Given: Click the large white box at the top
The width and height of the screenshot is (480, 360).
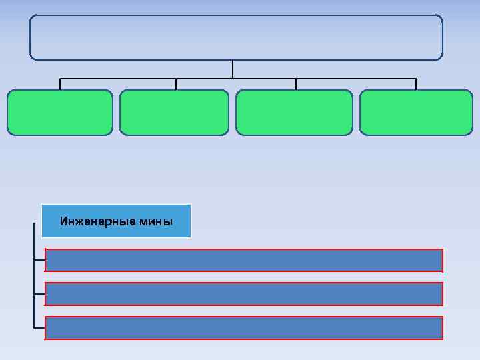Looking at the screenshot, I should coord(236,37).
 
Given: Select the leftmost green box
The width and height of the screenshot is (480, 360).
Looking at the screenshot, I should coord(60,113).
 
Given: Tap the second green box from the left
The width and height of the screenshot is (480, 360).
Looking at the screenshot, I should coord(174,113).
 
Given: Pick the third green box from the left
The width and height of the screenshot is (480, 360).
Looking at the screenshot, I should coord(294,113).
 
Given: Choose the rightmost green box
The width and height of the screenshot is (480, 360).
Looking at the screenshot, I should coord(416,113).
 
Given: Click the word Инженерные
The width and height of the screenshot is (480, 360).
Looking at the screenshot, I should coord(87,221).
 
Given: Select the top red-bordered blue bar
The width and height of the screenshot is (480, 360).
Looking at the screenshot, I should coord(243,260).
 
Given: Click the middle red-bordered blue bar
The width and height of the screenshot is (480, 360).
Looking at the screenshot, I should coord(243,294).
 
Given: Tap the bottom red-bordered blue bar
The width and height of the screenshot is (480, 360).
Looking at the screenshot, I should coord(243,327).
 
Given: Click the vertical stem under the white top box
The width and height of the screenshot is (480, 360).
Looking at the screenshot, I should coord(233,69).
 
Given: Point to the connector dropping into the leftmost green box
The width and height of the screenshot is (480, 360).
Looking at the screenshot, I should coord(60,85).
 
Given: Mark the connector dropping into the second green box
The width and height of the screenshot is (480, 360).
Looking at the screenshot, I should coord(176,85).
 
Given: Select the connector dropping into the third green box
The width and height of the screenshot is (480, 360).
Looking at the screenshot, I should coord(297,85).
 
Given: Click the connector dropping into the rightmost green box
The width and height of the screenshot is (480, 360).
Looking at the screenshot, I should coord(417,85).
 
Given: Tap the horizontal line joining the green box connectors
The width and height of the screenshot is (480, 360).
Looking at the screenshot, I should coord(120,79).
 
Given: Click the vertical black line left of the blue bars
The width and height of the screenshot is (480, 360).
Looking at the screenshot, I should coord(33,280).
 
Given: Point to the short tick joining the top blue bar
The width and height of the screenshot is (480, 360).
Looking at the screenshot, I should coord(39,260).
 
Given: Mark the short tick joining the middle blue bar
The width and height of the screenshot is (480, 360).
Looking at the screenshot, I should coord(39,294).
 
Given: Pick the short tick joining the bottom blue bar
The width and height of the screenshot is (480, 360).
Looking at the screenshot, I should coord(39,327).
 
